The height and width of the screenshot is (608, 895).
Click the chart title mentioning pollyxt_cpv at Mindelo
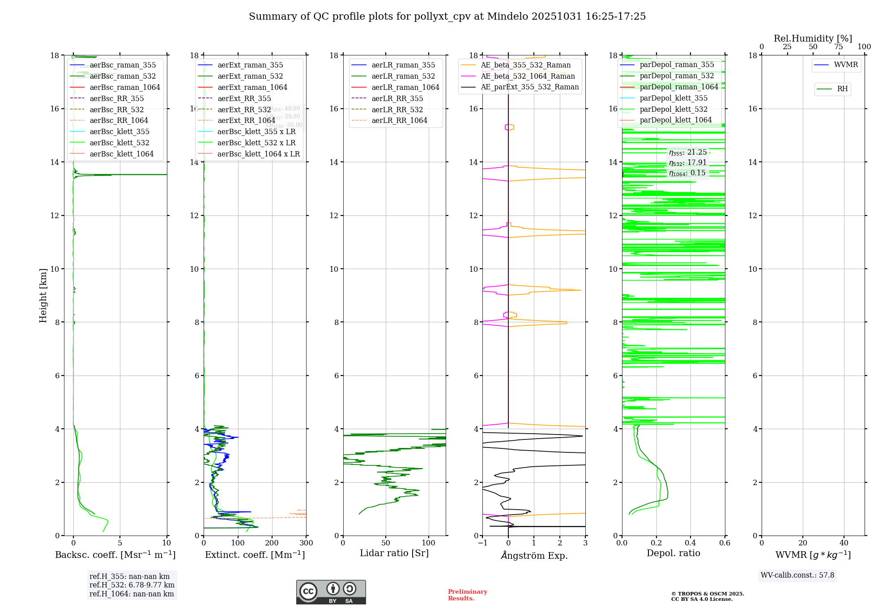tap(447, 17)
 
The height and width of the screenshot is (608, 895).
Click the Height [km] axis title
tap(43, 295)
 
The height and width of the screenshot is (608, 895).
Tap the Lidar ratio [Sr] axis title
tap(394, 553)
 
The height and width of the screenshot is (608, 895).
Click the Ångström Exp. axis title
tap(534, 555)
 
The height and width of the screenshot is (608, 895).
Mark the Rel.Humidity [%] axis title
tap(813, 38)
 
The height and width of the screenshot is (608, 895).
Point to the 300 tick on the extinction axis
tap(306, 543)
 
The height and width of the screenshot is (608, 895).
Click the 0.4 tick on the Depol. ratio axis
tap(690, 543)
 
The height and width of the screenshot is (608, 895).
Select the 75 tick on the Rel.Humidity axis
tap(838, 47)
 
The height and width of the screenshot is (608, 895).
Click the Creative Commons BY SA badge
tap(331, 592)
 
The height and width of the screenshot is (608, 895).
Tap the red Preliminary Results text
tap(467, 595)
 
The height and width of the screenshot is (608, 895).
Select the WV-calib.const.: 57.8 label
tap(797, 575)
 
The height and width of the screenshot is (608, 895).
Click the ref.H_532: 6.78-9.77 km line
tap(132, 585)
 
